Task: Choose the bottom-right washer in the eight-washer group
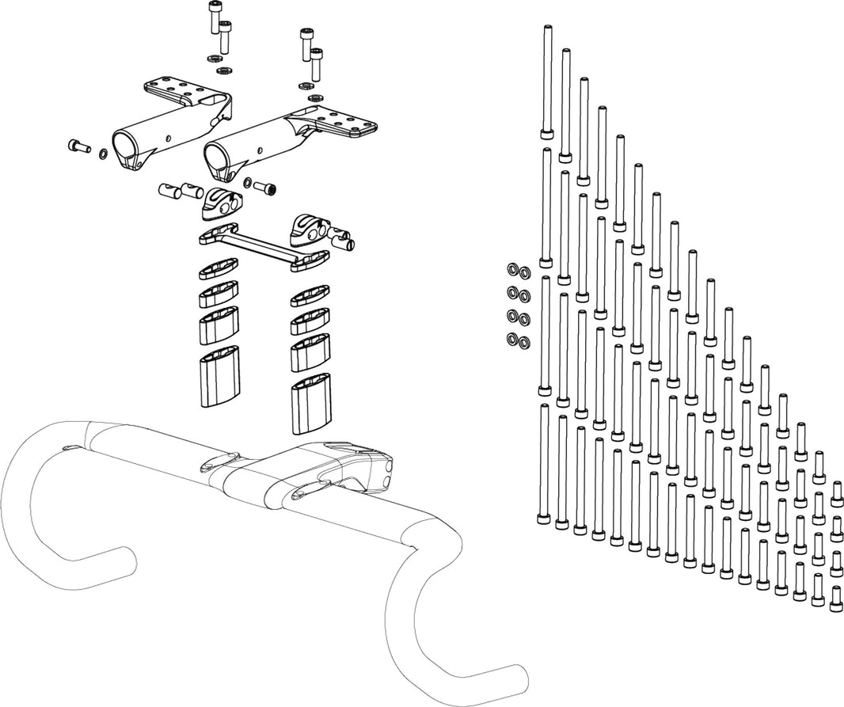(x=523, y=342)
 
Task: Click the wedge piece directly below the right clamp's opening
(x=220, y=203)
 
